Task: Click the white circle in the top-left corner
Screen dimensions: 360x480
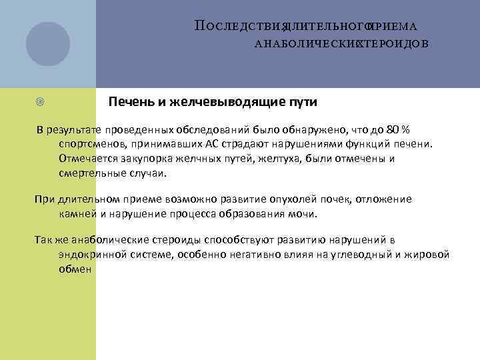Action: pyautogui.click(x=48, y=44)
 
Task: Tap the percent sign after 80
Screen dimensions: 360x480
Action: pyautogui.click(x=406, y=129)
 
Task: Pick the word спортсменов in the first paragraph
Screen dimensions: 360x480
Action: pyautogui.click(x=91, y=143)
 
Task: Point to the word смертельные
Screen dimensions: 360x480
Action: pyautogui.click(x=90, y=173)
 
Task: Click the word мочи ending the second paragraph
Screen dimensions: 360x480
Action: pyautogui.click(x=304, y=214)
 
